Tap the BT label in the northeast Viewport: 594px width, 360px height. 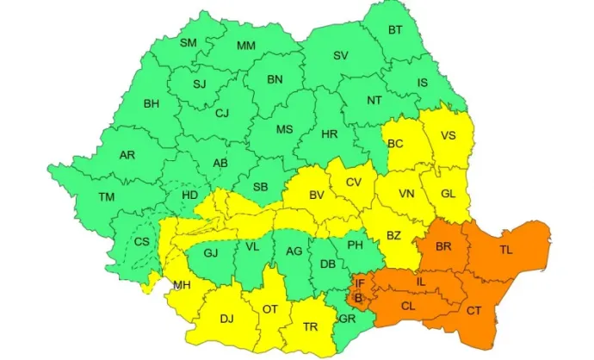pyautogui.click(x=395, y=30)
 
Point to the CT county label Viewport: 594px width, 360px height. pyautogui.click(x=473, y=310)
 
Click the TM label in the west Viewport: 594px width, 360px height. pyautogui.click(x=106, y=197)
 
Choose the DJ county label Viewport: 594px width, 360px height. pyautogui.click(x=226, y=319)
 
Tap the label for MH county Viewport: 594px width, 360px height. pyautogui.click(x=182, y=285)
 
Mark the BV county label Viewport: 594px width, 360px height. pyautogui.click(x=317, y=196)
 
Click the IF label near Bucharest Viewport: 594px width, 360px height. pyautogui.click(x=361, y=282)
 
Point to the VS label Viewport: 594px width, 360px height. pyautogui.click(x=448, y=135)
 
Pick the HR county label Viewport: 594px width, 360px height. pyautogui.click(x=329, y=135)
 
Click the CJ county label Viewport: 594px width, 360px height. pyautogui.click(x=222, y=113)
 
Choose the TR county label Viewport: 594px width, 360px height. pyautogui.click(x=311, y=326)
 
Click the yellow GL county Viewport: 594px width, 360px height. pyautogui.click(x=448, y=194)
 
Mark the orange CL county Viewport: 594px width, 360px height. pyautogui.click(x=408, y=304)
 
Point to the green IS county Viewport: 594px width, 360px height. pyautogui.click(x=422, y=83)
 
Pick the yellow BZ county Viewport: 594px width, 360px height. pyautogui.click(x=393, y=235)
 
